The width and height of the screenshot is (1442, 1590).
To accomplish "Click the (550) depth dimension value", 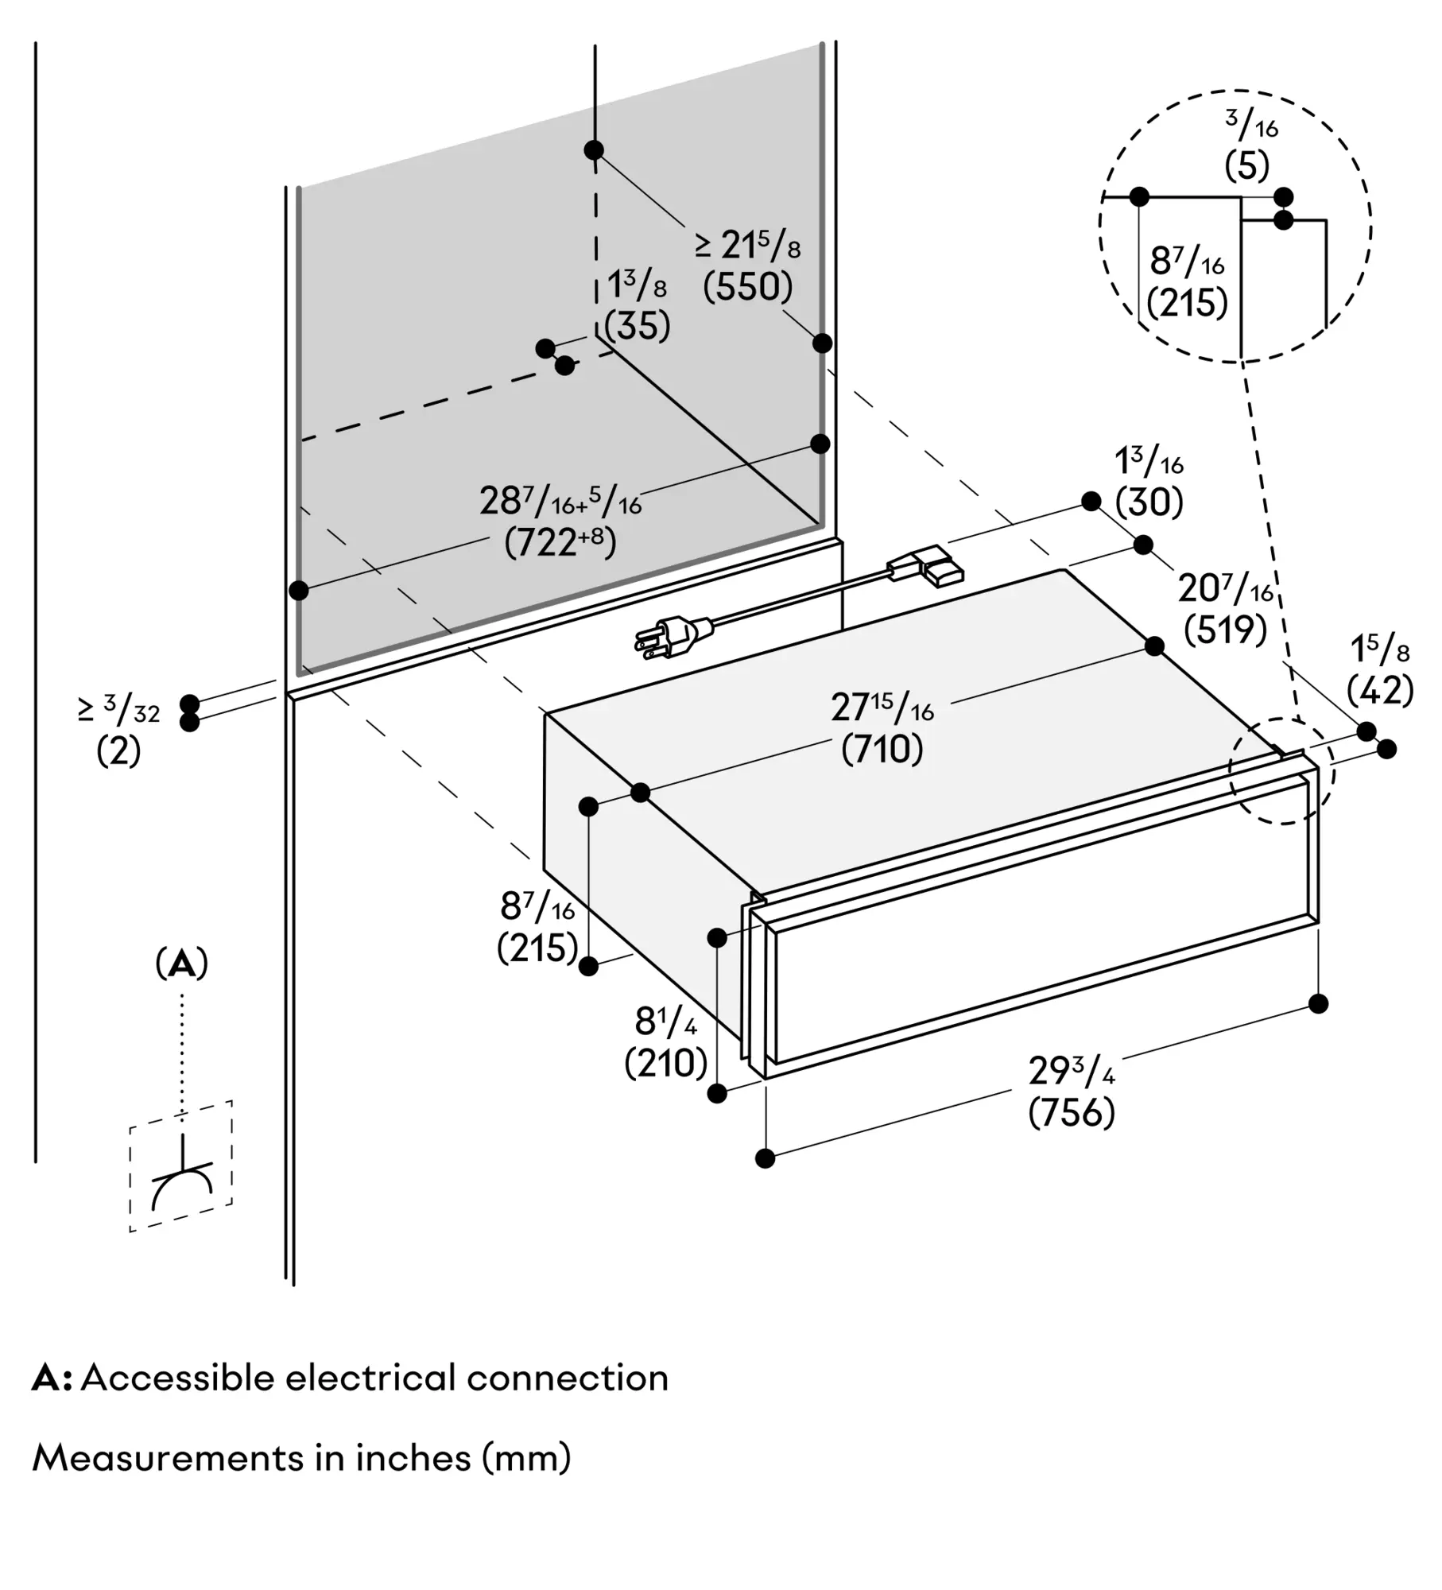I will [x=747, y=287].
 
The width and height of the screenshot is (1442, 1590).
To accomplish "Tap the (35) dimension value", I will [x=637, y=326].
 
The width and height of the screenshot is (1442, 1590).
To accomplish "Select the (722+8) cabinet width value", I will [x=560, y=543].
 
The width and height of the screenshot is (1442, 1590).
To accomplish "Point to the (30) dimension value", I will [x=1149, y=502].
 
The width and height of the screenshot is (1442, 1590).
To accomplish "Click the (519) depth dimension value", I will [x=1225, y=630].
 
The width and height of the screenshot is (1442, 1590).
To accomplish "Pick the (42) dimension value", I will [x=1380, y=690].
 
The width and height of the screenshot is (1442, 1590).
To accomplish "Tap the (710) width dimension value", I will [x=882, y=749].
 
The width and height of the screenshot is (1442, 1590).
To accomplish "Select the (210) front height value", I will [x=665, y=1063].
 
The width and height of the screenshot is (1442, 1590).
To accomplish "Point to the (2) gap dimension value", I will [x=118, y=750].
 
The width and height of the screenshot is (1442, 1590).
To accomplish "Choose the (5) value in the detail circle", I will [x=1246, y=166].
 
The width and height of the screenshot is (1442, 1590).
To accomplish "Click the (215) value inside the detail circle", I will [x=1187, y=303].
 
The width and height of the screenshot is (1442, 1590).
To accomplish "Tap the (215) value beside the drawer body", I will [x=537, y=948].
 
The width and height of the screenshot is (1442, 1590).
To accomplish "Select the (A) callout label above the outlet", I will [x=182, y=964].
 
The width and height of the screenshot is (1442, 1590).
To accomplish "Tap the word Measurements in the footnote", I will [x=167, y=1459].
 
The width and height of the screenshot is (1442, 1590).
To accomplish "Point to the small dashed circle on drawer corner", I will [x=1281, y=770].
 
